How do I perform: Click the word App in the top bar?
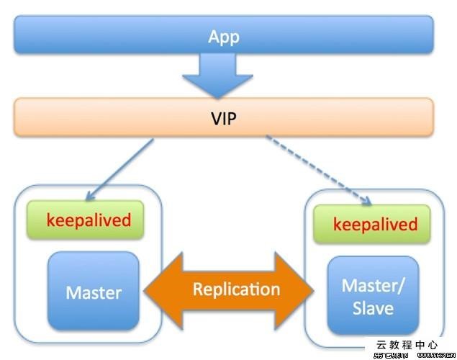click(x=223, y=37)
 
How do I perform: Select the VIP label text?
click(x=223, y=117)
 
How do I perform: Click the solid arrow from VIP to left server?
click(x=122, y=167)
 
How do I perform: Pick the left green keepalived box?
click(x=85, y=220)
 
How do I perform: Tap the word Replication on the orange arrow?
click(x=236, y=289)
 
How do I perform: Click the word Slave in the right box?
click(x=373, y=308)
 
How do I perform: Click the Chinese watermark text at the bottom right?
click(x=407, y=346)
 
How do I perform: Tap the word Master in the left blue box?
click(x=94, y=293)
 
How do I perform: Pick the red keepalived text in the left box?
click(x=89, y=220)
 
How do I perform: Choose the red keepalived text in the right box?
click(x=375, y=224)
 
